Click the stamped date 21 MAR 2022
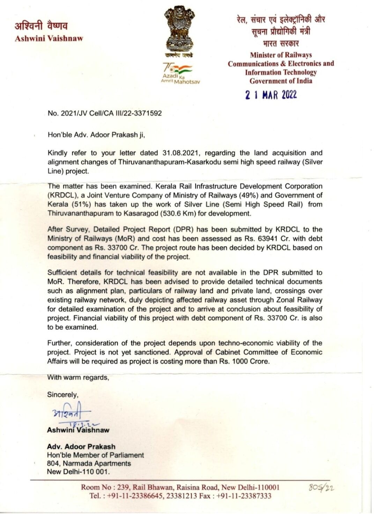(x=271, y=95)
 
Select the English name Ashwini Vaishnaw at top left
(x=49, y=38)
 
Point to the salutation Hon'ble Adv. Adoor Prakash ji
(x=96, y=135)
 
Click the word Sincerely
(x=63, y=395)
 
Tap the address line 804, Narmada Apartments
(x=89, y=463)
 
